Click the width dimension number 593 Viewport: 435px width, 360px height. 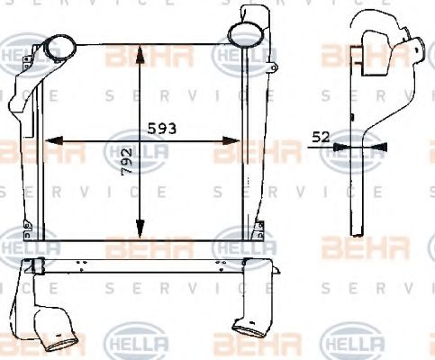[158, 128]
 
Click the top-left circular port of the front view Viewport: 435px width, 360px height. [61, 44]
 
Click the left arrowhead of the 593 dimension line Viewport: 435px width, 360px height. [51, 139]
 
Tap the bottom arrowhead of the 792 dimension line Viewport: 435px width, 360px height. [139, 229]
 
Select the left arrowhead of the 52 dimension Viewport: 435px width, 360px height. [348, 146]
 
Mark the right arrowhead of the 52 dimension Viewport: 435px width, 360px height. [379, 146]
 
